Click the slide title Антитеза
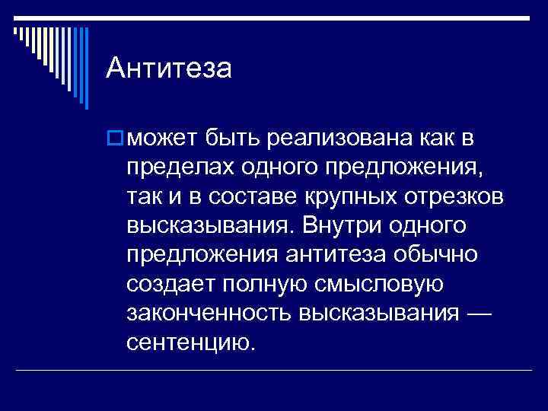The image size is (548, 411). pos(168,69)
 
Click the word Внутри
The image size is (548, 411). pos(339,226)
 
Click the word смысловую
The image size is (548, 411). pos(381,284)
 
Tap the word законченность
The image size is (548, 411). pos(209,313)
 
